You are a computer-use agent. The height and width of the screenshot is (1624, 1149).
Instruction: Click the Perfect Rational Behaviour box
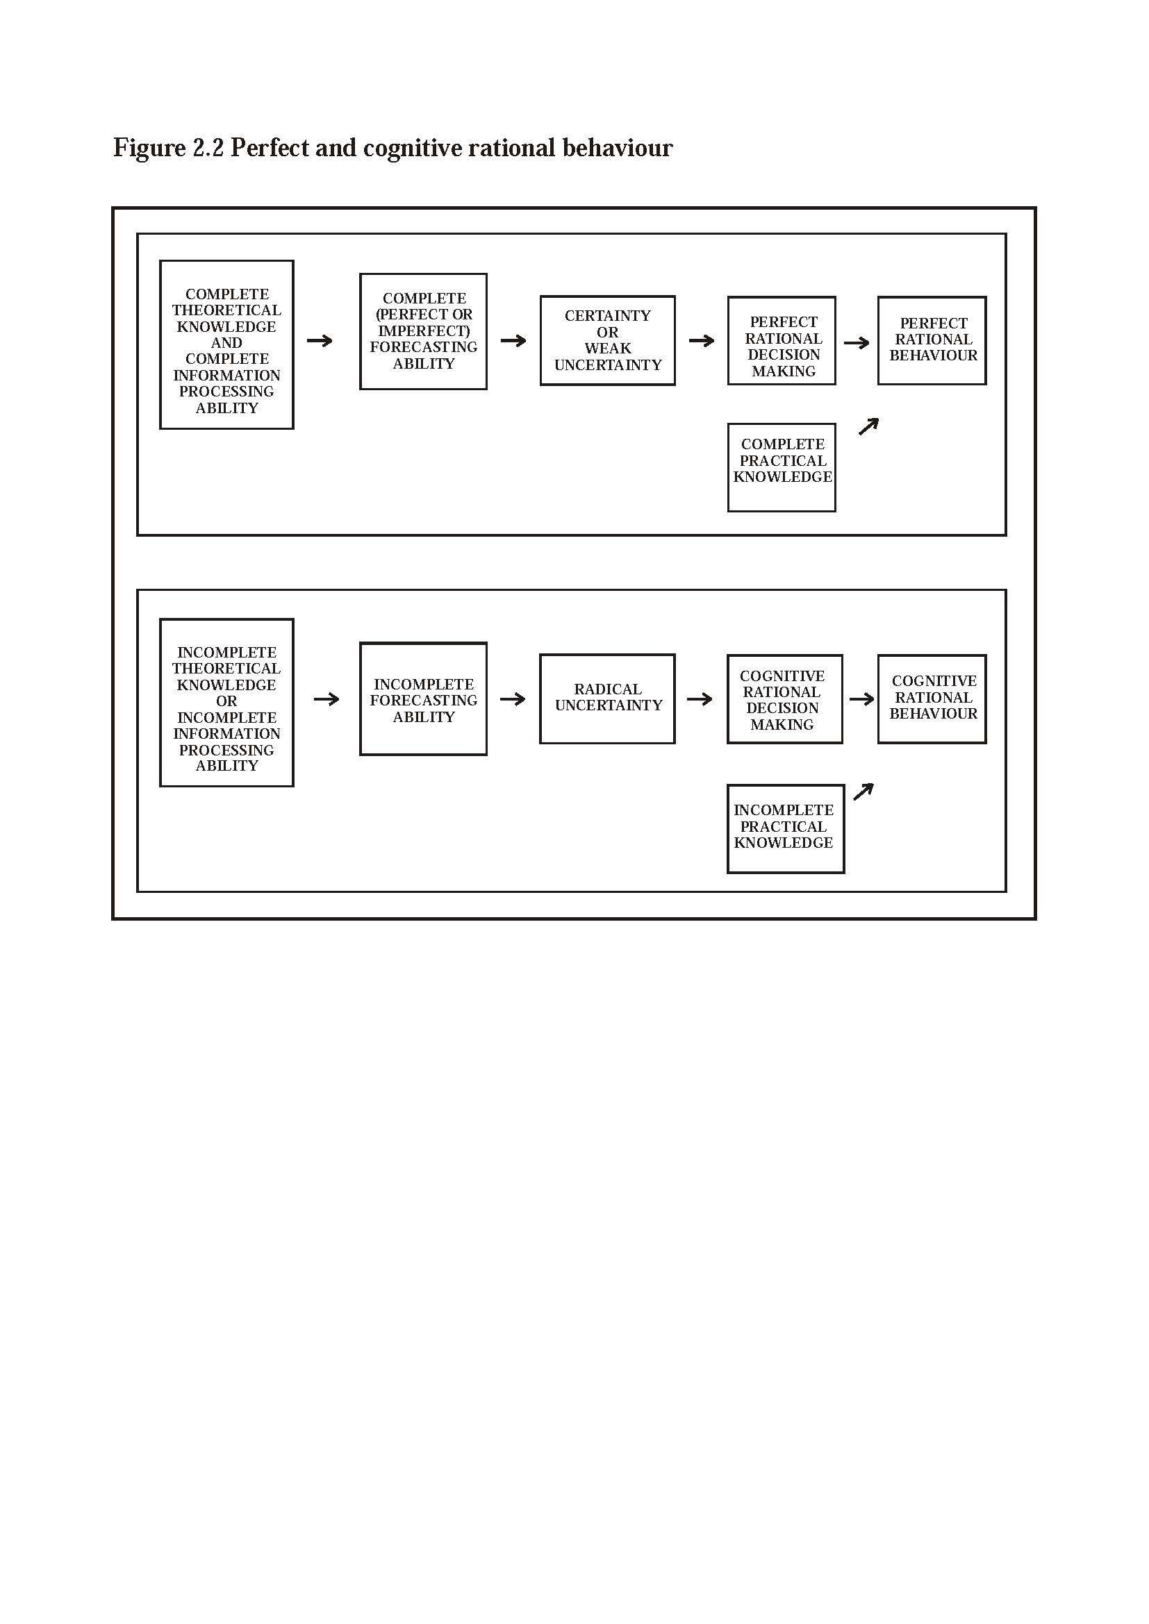(x=932, y=340)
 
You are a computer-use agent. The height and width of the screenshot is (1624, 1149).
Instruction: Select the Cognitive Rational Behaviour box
(x=932, y=699)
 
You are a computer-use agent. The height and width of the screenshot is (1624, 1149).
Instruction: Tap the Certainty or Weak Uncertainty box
(x=608, y=340)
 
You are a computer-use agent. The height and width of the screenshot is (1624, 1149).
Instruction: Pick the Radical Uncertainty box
(x=608, y=699)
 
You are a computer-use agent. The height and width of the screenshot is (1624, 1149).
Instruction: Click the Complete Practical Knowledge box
(x=782, y=467)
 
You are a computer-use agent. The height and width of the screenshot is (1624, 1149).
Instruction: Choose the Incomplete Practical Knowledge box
(x=786, y=829)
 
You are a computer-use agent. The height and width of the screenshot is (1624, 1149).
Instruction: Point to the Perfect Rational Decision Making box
(x=782, y=340)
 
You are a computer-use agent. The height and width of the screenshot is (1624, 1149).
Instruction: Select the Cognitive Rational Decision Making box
(x=784, y=699)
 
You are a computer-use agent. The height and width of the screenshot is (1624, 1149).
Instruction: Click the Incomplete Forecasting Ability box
(x=424, y=699)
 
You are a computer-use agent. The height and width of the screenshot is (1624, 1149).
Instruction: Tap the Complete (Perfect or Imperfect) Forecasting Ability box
(x=424, y=331)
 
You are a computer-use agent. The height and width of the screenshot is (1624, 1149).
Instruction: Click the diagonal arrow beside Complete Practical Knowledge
(x=868, y=426)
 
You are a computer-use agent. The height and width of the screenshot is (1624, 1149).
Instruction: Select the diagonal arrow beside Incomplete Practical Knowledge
(x=864, y=792)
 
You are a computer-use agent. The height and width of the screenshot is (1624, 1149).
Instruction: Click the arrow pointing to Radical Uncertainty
(x=513, y=699)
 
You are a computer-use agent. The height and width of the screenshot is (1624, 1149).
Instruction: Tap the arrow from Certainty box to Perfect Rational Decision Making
(x=702, y=340)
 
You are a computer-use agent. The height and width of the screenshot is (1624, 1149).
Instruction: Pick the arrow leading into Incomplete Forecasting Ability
(x=326, y=699)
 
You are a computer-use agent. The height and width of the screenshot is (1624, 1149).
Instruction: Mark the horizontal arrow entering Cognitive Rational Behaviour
(x=861, y=699)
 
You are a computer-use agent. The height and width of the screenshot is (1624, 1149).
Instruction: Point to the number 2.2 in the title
(x=208, y=147)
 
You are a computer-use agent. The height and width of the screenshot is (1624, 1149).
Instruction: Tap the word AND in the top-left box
(x=226, y=343)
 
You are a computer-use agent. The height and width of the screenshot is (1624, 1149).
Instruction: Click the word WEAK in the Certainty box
(x=608, y=348)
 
